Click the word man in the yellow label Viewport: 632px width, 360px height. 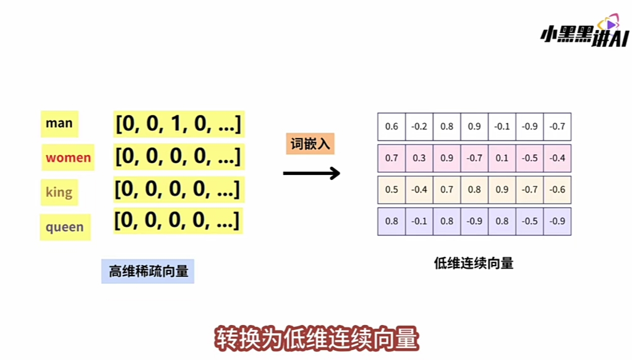tap(59, 123)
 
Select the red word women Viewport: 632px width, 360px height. tap(68, 157)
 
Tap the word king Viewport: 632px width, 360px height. tap(59, 192)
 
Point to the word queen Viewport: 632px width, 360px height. tap(64, 227)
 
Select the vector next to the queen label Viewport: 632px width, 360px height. tap(177, 220)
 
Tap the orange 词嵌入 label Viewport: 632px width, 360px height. tap(310, 144)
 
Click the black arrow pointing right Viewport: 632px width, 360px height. tap(311, 173)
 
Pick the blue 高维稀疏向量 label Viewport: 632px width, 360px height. tap(148, 271)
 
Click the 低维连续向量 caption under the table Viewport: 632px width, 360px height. tap(473, 263)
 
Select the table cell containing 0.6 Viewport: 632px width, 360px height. tap(391, 126)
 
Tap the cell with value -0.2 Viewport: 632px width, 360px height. tap(419, 126)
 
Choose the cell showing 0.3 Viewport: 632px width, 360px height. tap(419, 158)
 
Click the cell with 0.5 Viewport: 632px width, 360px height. tap(391, 189)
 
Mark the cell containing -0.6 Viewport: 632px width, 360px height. tap(557, 189)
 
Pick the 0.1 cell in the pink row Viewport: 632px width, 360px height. tap(501, 158)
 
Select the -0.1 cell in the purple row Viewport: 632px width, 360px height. tap(419, 221)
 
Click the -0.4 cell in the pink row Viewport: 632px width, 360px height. tap(557, 158)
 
